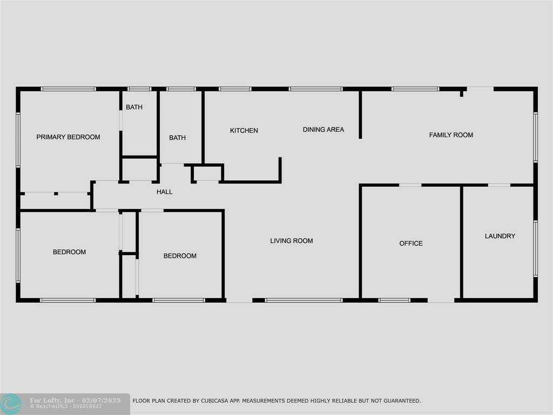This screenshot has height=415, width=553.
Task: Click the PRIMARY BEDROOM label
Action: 68,137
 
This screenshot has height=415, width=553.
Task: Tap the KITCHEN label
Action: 244,131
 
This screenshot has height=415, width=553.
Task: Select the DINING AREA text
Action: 323,130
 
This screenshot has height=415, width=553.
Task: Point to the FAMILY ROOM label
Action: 451,135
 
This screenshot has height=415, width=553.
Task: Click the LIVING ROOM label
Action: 291,240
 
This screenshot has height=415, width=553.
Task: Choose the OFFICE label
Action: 411,243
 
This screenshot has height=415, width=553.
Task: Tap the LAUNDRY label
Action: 500,236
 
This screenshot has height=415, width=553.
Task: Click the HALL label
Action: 164,192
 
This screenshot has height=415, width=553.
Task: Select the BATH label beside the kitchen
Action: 177,138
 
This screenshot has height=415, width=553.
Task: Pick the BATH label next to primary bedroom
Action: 134,107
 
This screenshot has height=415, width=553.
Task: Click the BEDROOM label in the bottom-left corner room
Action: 70,252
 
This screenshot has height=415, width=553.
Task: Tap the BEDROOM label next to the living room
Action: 180,256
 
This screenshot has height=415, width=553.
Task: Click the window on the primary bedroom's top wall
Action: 69,89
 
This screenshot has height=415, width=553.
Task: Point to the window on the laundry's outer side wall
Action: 535,249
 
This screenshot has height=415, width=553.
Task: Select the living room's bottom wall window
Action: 304,300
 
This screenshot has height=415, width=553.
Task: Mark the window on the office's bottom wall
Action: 394,300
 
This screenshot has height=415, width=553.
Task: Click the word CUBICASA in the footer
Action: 215,401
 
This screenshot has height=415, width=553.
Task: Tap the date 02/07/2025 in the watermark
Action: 101,400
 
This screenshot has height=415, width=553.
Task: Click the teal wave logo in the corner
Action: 11,404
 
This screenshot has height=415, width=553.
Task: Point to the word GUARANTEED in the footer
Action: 402,401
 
